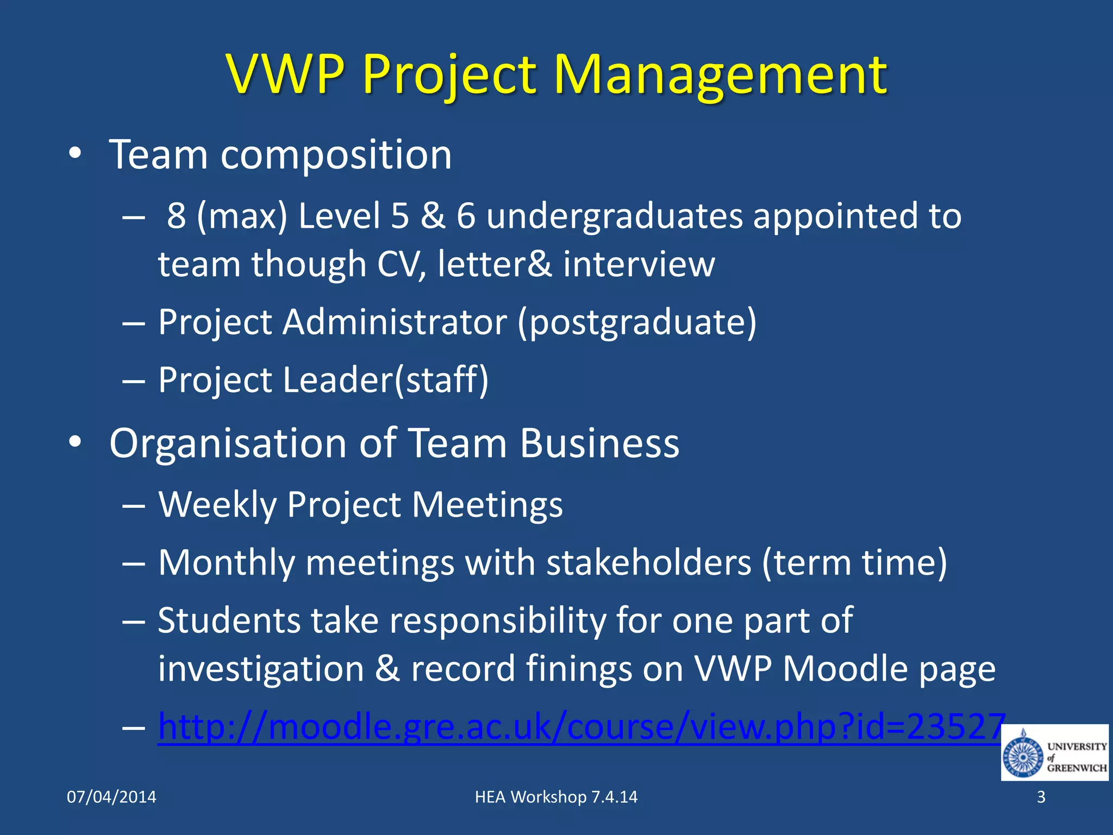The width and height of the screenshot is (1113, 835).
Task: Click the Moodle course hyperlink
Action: (x=581, y=727)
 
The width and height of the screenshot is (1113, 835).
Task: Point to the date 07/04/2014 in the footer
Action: (x=111, y=797)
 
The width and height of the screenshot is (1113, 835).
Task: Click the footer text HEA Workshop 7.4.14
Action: (x=556, y=797)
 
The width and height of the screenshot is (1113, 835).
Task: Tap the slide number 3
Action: (x=1041, y=797)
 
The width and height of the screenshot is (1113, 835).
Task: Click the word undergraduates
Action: (x=614, y=216)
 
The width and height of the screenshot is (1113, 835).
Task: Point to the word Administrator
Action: (x=395, y=322)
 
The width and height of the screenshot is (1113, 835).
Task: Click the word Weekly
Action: (x=217, y=505)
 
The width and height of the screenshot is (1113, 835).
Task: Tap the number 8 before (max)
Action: (x=176, y=216)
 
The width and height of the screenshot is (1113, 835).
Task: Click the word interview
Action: (x=639, y=265)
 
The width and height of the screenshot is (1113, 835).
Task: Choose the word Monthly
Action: (x=227, y=563)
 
